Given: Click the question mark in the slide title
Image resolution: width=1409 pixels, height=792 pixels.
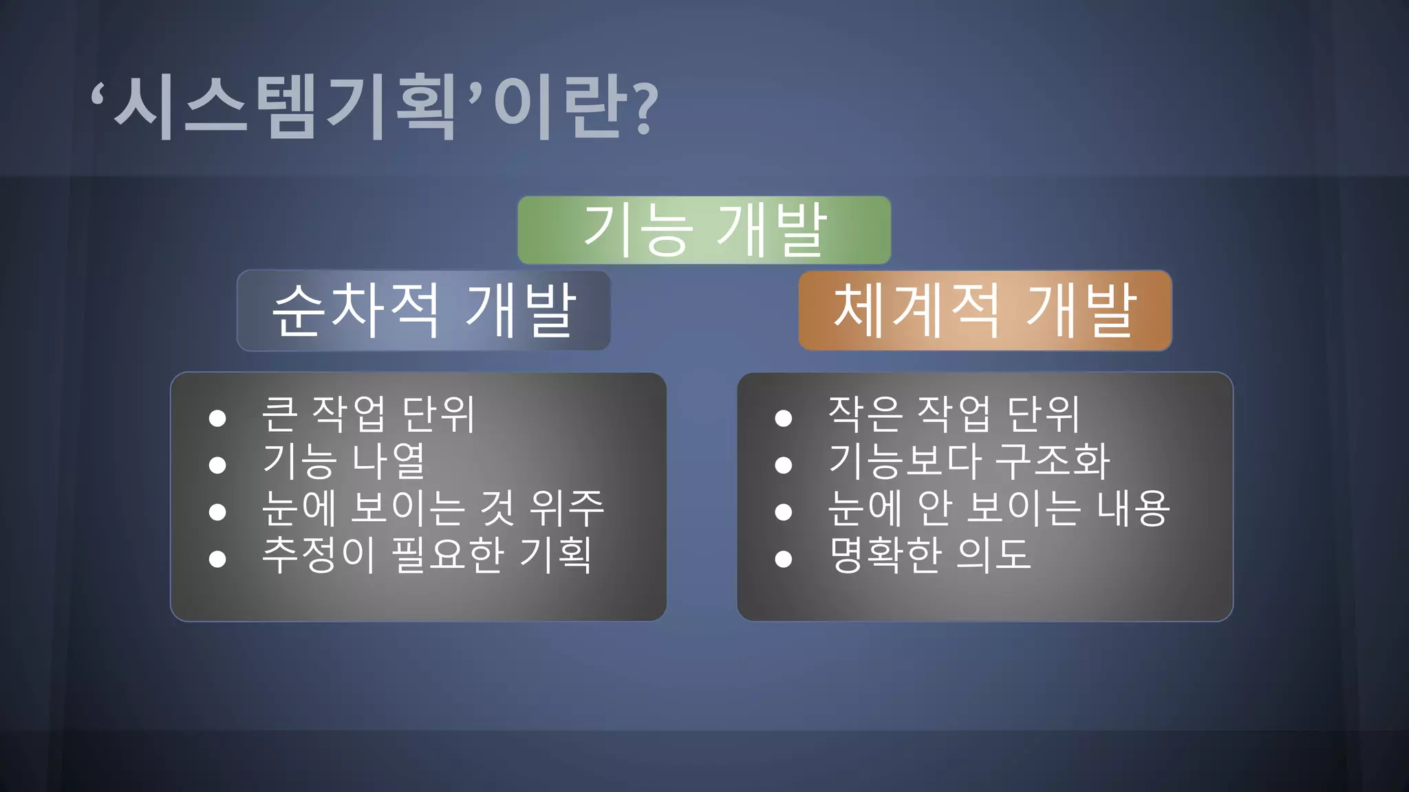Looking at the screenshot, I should point(644,109).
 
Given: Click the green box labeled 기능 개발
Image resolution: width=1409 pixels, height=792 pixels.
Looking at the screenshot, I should point(704,230).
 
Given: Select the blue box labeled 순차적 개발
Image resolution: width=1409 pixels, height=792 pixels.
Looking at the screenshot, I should point(423,310).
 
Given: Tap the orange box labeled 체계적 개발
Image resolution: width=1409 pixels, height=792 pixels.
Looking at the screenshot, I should point(985,310).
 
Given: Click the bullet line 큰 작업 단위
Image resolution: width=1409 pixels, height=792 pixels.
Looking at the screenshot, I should point(368,415).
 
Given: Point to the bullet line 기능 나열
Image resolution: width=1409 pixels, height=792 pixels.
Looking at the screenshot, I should point(344,461).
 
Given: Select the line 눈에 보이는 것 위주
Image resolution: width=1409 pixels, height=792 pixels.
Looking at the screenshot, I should point(433,508).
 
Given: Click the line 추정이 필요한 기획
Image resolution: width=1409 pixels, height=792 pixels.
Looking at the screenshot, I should point(427,555).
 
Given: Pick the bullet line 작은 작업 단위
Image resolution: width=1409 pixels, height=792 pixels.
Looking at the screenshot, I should point(954,415).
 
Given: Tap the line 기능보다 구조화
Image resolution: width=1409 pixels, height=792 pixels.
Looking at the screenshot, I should point(969,461).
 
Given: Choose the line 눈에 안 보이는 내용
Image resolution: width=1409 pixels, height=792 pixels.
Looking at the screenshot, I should point(998,508).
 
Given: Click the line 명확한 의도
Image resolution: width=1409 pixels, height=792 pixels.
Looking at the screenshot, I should point(930,555).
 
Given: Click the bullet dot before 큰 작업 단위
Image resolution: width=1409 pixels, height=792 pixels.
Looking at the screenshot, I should point(217,418).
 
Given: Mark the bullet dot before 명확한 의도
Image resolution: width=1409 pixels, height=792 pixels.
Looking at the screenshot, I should point(783,559).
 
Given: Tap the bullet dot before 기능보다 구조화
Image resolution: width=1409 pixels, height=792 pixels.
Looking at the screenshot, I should point(783,465).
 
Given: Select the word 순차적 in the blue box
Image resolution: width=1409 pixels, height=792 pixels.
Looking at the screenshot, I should point(356,310).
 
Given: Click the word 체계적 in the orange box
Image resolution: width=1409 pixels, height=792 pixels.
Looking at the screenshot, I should point(917,310).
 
